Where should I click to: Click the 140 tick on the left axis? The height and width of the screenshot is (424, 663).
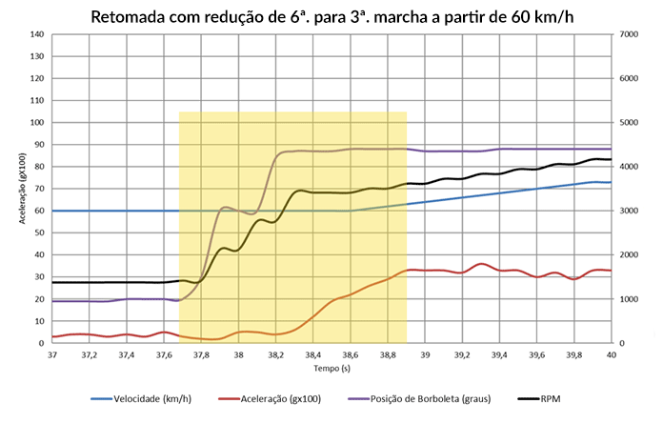click(x=37, y=34)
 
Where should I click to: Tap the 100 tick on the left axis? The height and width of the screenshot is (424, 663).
click(x=37, y=123)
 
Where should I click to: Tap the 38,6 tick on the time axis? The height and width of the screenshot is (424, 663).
click(x=351, y=354)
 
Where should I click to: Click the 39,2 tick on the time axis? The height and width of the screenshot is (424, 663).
click(x=462, y=354)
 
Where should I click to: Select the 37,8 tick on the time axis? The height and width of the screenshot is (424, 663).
click(x=201, y=354)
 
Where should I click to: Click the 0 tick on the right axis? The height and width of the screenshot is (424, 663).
click(x=620, y=343)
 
